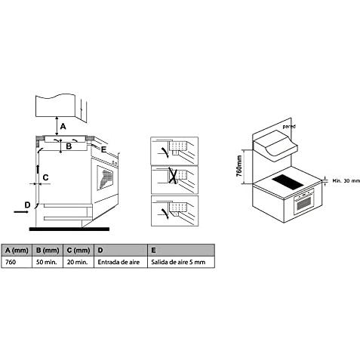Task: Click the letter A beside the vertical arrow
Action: click(x=63, y=126)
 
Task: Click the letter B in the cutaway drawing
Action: click(x=69, y=146)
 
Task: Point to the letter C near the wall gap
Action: click(x=45, y=177)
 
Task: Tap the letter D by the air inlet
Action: click(x=27, y=205)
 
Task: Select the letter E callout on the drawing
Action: click(x=103, y=149)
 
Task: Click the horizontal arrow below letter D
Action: click(x=21, y=212)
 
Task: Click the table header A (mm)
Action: click(x=17, y=251)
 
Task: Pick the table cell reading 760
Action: click(x=11, y=262)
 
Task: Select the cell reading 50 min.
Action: click(x=47, y=262)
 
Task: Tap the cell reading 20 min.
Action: click(x=77, y=262)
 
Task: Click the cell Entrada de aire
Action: click(x=118, y=262)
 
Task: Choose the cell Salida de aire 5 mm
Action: click(x=178, y=262)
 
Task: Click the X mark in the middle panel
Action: click(x=173, y=175)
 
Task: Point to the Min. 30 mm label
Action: click(x=346, y=180)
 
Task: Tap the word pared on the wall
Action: click(x=289, y=126)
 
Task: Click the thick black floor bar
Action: click(x=69, y=229)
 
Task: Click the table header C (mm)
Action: click(x=78, y=251)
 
